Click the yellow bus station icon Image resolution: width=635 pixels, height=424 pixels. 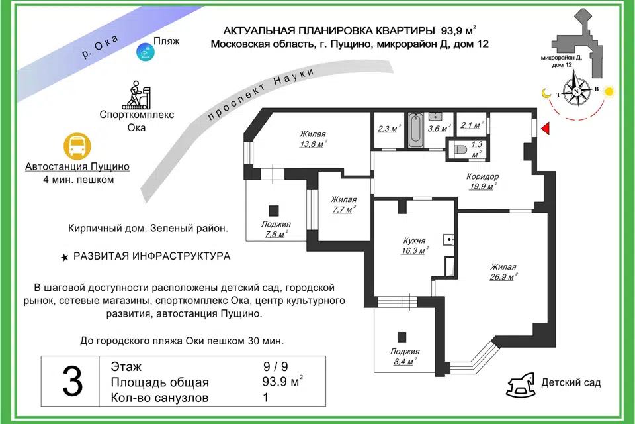click(x=77, y=146)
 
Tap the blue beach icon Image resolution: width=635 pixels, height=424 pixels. click(x=146, y=52)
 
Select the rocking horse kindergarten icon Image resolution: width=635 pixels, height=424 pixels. click(x=521, y=385)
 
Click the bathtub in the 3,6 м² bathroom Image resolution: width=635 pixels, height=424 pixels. click(x=415, y=130)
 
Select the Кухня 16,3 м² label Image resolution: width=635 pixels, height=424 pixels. click(x=415, y=246)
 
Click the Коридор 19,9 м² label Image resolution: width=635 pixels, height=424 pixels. click(x=483, y=182)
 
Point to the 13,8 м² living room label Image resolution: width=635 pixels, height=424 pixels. click(x=313, y=139)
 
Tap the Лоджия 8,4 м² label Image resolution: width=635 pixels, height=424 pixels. click(x=405, y=356)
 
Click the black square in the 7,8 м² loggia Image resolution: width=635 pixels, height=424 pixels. click(x=274, y=211)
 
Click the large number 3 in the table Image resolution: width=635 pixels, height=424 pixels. click(x=73, y=382)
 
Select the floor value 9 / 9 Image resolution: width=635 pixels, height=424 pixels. click(x=275, y=367)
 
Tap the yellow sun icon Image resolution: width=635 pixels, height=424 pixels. click(x=609, y=91)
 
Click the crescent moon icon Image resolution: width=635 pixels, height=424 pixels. click(x=546, y=93)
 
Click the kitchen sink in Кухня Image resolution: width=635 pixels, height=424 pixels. click(x=448, y=240)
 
